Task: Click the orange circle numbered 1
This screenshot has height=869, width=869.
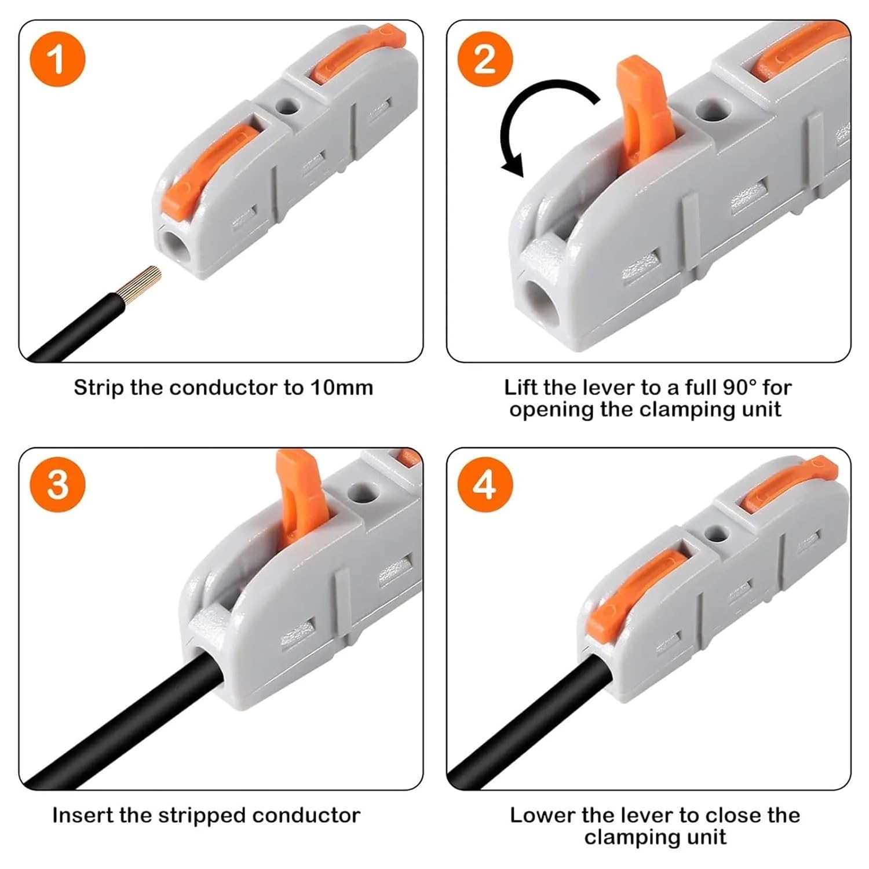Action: pos(57,60)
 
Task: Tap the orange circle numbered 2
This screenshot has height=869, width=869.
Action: pos(485,60)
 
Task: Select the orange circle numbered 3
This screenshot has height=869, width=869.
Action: pos(57,484)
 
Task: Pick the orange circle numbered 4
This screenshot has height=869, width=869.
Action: pos(485,484)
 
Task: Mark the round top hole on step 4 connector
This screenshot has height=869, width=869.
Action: pos(717,532)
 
